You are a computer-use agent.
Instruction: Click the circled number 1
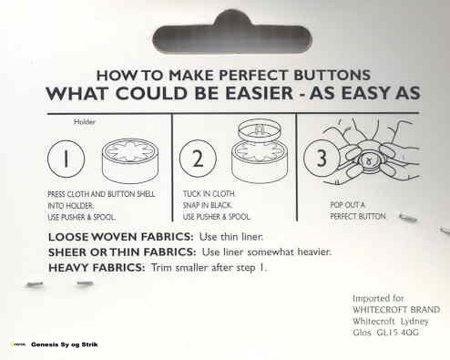66,159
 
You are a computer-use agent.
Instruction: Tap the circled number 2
198,159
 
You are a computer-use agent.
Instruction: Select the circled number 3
322,158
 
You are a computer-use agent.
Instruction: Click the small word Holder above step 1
85,122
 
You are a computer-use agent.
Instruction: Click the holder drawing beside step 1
130,160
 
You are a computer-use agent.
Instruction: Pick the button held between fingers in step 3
369,160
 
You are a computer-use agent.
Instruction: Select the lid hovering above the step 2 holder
259,129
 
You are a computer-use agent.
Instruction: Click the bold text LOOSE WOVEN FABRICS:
120,237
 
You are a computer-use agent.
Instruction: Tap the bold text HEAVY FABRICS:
97,268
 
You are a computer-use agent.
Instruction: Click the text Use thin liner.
231,237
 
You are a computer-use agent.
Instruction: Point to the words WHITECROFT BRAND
396,310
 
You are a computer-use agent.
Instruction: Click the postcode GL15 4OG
397,333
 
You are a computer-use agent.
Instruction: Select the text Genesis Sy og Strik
65,345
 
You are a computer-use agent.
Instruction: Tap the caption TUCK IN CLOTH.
210,194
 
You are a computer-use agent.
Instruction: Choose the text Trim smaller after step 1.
210,268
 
